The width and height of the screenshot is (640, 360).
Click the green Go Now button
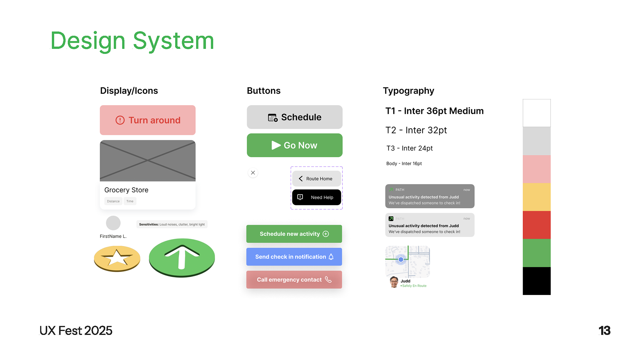294,145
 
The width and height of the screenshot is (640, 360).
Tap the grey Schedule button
294,117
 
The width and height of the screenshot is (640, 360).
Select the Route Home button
316,179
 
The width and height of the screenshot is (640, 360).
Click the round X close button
253,173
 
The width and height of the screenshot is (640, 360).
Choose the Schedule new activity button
294,234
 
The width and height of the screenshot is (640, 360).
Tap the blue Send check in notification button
294,257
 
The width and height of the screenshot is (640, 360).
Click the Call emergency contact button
294,280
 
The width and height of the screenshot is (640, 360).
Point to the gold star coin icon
117,258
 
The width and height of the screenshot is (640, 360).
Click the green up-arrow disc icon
182,257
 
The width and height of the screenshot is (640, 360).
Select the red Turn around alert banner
148,120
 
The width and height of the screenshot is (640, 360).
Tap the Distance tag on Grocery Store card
113,201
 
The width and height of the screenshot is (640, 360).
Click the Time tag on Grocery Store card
130,201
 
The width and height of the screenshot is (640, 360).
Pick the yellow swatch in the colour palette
536,197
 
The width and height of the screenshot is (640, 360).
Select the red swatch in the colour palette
536,225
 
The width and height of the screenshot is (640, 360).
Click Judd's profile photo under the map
394,282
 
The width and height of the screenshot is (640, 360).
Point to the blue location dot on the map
401,259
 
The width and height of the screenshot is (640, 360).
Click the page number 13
604,331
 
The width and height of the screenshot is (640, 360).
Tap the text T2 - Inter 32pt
416,130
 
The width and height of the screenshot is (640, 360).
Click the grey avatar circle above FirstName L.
113,223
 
